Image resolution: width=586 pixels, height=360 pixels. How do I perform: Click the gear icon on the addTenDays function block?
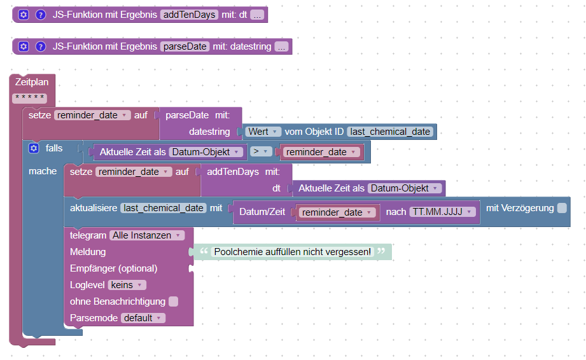(24, 15)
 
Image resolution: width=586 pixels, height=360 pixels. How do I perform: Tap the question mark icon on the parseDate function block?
(41, 46)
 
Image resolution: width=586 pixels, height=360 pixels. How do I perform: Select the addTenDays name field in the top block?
(189, 15)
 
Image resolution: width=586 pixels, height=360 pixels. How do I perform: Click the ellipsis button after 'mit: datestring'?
(282, 46)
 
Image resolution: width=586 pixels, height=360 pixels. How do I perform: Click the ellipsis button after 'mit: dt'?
(257, 15)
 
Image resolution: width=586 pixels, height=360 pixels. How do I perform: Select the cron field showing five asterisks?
(30, 98)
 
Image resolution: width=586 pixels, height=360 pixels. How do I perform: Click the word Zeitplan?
(32, 82)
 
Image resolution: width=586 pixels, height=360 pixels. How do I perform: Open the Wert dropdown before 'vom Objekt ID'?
(263, 132)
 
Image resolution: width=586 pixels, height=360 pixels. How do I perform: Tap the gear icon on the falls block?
(34, 148)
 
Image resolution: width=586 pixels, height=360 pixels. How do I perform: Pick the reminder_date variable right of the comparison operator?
(321, 152)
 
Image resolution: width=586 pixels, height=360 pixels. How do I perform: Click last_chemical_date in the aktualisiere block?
(164, 208)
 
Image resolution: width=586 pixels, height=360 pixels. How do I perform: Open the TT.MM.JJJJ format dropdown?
(442, 212)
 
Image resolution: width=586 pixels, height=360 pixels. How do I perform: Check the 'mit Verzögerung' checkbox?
(562, 208)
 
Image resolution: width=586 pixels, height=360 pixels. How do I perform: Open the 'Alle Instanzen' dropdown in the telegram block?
(147, 235)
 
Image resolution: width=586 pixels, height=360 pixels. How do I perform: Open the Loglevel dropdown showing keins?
(127, 285)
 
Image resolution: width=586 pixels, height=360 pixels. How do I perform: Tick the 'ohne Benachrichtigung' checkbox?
(174, 301)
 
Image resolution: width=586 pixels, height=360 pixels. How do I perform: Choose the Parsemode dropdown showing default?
(143, 318)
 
